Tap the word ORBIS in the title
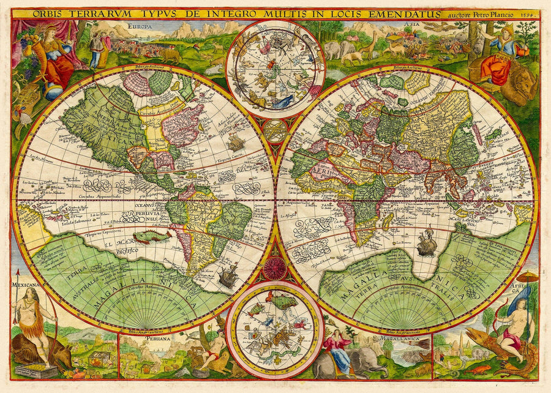click(50, 13)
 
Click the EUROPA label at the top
click(140, 26)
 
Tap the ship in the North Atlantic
click(236, 142)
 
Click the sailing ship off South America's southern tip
click(228, 276)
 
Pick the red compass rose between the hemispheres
click(275, 268)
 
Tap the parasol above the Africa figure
click(527, 277)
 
